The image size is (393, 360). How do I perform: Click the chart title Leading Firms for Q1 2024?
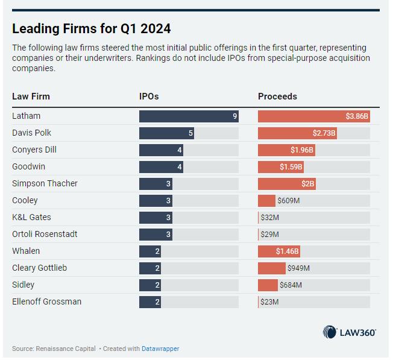pos(91,28)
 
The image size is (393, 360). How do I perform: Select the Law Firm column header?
pos(31,96)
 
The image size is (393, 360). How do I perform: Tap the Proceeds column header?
pos(277,96)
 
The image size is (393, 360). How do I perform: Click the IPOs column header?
pos(149,96)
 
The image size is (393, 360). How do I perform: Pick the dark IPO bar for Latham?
pos(189,116)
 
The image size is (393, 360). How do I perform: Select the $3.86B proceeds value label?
pos(357,116)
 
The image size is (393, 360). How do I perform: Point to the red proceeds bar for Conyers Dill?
pos(286,150)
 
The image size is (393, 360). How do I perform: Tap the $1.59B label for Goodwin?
pos(291,167)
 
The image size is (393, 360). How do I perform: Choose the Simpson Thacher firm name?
pos(45,183)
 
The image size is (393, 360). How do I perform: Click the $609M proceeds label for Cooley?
pos(289,201)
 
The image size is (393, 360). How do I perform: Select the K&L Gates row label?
pos(31,217)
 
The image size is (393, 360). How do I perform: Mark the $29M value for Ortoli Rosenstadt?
pos(269,235)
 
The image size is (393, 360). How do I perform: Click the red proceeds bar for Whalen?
pos(279,251)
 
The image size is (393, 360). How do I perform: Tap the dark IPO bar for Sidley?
pos(149,285)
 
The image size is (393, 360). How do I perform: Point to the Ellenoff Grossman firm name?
pos(46,302)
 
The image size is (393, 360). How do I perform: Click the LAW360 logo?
pos(350,332)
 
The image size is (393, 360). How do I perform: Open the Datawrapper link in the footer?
pos(160,349)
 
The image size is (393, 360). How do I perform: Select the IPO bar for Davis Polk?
pos(166,133)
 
